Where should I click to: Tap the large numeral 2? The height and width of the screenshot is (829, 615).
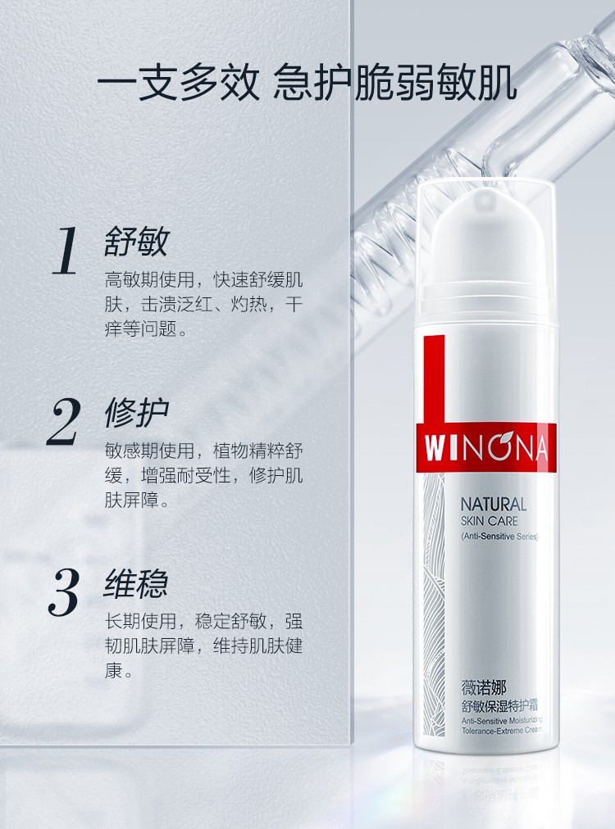click(x=63, y=421)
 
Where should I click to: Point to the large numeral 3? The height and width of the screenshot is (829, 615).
click(x=64, y=592)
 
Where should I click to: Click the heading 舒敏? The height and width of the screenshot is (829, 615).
click(x=137, y=242)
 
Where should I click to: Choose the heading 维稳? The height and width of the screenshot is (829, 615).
click(x=136, y=584)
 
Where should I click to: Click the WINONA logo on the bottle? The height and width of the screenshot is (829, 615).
click(x=486, y=448)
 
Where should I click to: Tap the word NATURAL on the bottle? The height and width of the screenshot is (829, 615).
click(x=494, y=505)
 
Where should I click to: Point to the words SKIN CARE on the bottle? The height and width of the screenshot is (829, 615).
click(x=489, y=521)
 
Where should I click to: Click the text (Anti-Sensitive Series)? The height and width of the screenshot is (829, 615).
click(x=499, y=536)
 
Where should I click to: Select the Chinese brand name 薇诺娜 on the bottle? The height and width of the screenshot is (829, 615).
click(x=484, y=688)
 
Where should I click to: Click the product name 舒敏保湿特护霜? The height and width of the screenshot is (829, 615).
click(x=499, y=705)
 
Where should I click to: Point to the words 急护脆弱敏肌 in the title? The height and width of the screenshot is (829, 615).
click(x=394, y=83)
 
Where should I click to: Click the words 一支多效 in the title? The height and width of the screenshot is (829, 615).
click(x=178, y=83)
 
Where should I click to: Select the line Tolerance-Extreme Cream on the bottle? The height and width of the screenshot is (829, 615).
click(x=501, y=730)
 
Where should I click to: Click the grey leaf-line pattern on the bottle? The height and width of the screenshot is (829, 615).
click(x=434, y=603)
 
